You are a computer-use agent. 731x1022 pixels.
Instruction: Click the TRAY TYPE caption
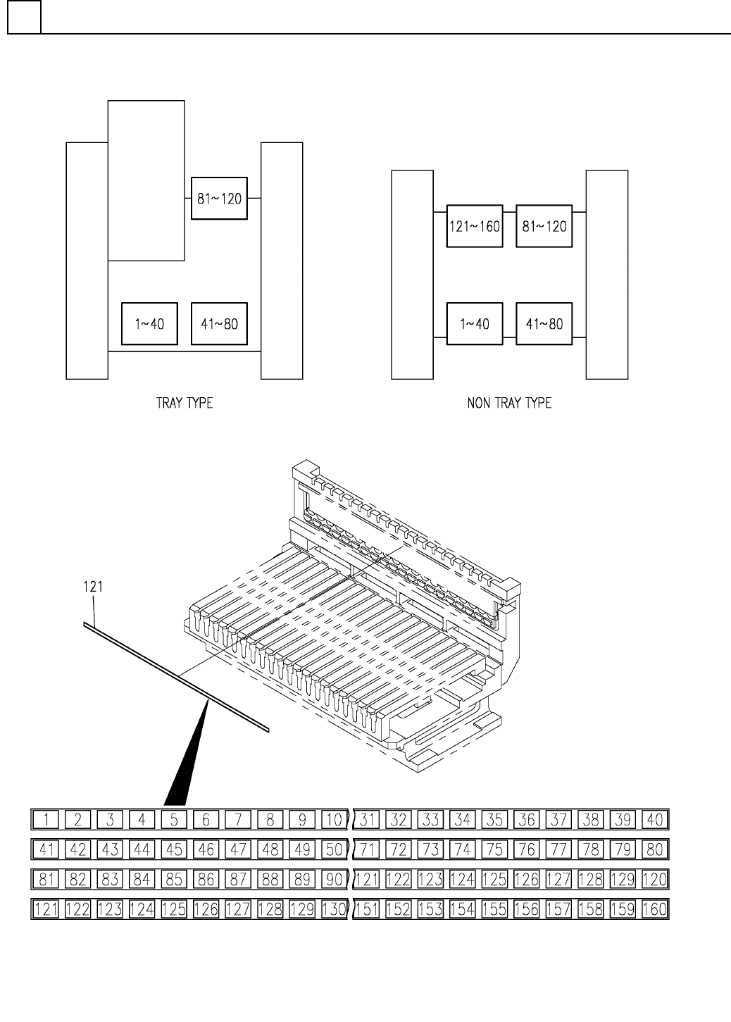(184, 404)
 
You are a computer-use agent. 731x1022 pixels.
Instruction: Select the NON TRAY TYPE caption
(509, 404)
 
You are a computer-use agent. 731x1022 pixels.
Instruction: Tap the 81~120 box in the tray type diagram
(219, 199)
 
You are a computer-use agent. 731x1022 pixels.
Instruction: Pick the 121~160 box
(475, 226)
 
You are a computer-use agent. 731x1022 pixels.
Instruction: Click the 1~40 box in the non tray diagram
(475, 324)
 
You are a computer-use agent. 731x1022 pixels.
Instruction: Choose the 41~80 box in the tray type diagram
(219, 324)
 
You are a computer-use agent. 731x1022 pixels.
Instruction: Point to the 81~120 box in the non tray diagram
(544, 226)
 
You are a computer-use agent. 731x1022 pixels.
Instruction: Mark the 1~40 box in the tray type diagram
(149, 324)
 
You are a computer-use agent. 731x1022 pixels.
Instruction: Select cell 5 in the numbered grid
(173, 820)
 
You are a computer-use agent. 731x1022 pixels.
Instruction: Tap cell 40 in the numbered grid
(655, 820)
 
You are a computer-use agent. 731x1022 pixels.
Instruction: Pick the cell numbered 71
(366, 849)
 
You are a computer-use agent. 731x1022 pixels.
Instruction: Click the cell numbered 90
(335, 880)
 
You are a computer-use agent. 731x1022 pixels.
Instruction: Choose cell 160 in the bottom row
(655, 910)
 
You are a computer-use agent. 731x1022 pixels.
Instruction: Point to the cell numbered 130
(335, 910)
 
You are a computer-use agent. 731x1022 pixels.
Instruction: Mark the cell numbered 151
(366, 910)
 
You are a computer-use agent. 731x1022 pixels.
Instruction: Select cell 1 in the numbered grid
(46, 820)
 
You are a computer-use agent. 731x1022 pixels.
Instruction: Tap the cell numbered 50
(335, 849)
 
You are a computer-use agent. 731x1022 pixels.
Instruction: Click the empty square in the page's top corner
(24, 17)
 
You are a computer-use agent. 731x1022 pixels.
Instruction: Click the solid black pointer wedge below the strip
(187, 761)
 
